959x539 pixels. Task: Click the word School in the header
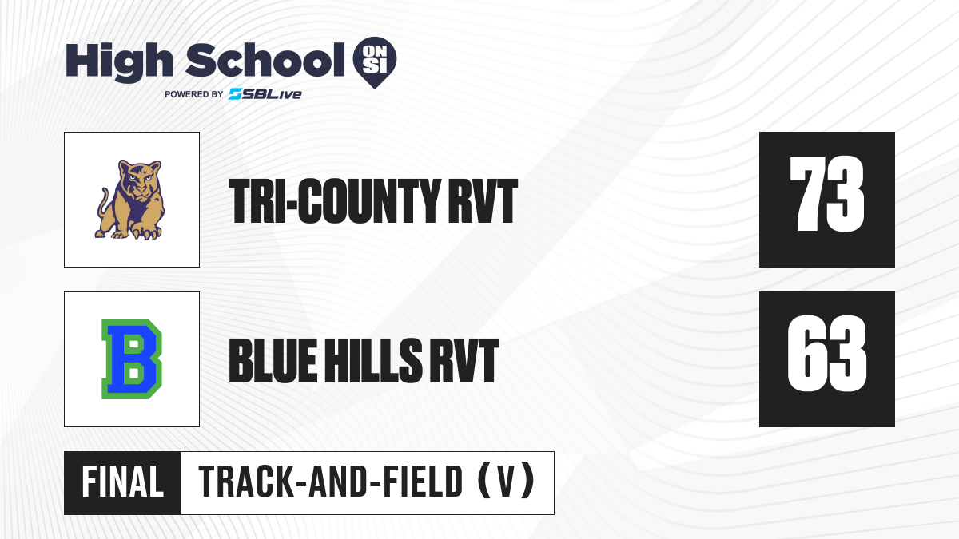(265, 60)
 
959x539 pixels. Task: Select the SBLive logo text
(265, 94)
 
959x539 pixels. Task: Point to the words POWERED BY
(194, 94)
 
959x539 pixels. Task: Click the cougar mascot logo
(129, 200)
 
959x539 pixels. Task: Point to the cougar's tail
(103, 205)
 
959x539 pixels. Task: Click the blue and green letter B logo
(132, 359)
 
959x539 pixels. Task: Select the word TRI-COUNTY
(335, 201)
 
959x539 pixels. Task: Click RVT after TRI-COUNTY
(483, 201)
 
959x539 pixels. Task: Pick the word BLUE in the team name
(273, 361)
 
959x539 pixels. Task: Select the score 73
(827, 194)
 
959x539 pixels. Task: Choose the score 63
(827, 354)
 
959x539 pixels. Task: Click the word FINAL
(123, 482)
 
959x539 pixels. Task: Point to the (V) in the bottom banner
(506, 482)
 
